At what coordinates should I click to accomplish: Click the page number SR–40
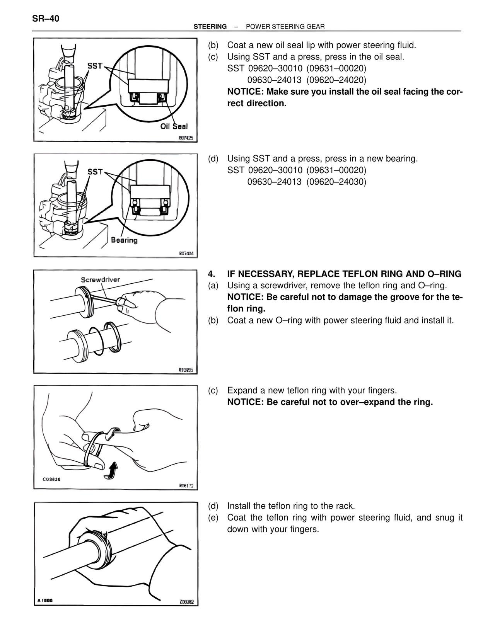coord(46,19)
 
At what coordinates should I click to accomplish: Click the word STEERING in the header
coord(210,27)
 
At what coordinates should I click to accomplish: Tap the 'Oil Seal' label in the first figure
coord(174,126)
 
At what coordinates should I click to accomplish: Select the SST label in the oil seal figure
coord(95,66)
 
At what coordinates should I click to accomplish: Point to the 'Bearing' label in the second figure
coord(124,240)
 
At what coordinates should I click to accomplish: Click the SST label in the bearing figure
coord(95,172)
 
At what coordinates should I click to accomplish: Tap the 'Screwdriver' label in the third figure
coord(100,279)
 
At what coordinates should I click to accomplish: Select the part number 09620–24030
coord(336,182)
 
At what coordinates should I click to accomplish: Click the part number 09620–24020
coord(336,80)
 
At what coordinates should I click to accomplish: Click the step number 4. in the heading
coord(211,274)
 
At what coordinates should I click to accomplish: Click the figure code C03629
coord(51,479)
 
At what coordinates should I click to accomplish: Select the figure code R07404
coord(186,254)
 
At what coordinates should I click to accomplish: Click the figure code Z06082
coord(186,602)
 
